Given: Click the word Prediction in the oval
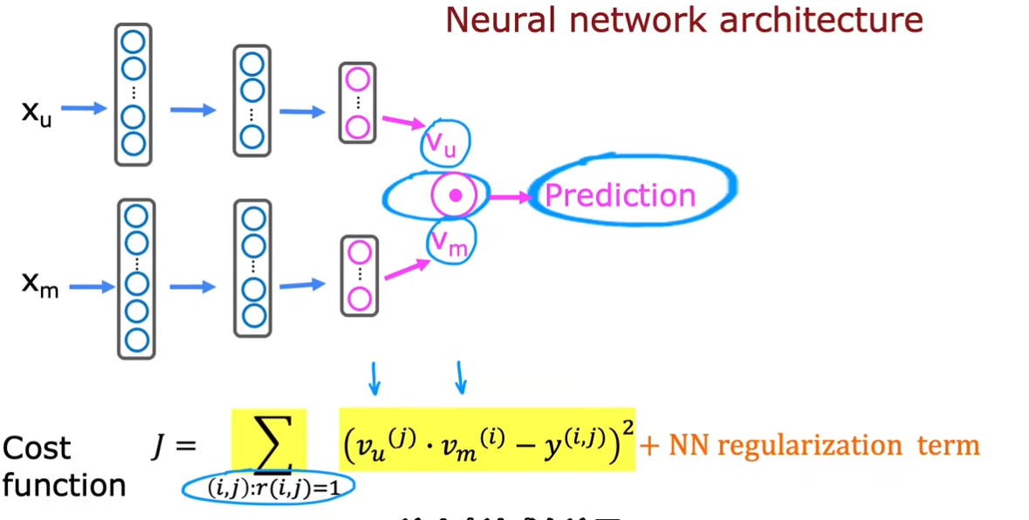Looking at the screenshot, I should click(620, 195).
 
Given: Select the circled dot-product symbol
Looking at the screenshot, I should click(454, 195).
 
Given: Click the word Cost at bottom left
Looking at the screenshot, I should click(37, 448).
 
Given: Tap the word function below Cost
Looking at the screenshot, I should click(64, 484).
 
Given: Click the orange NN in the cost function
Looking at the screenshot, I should click(681, 446).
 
